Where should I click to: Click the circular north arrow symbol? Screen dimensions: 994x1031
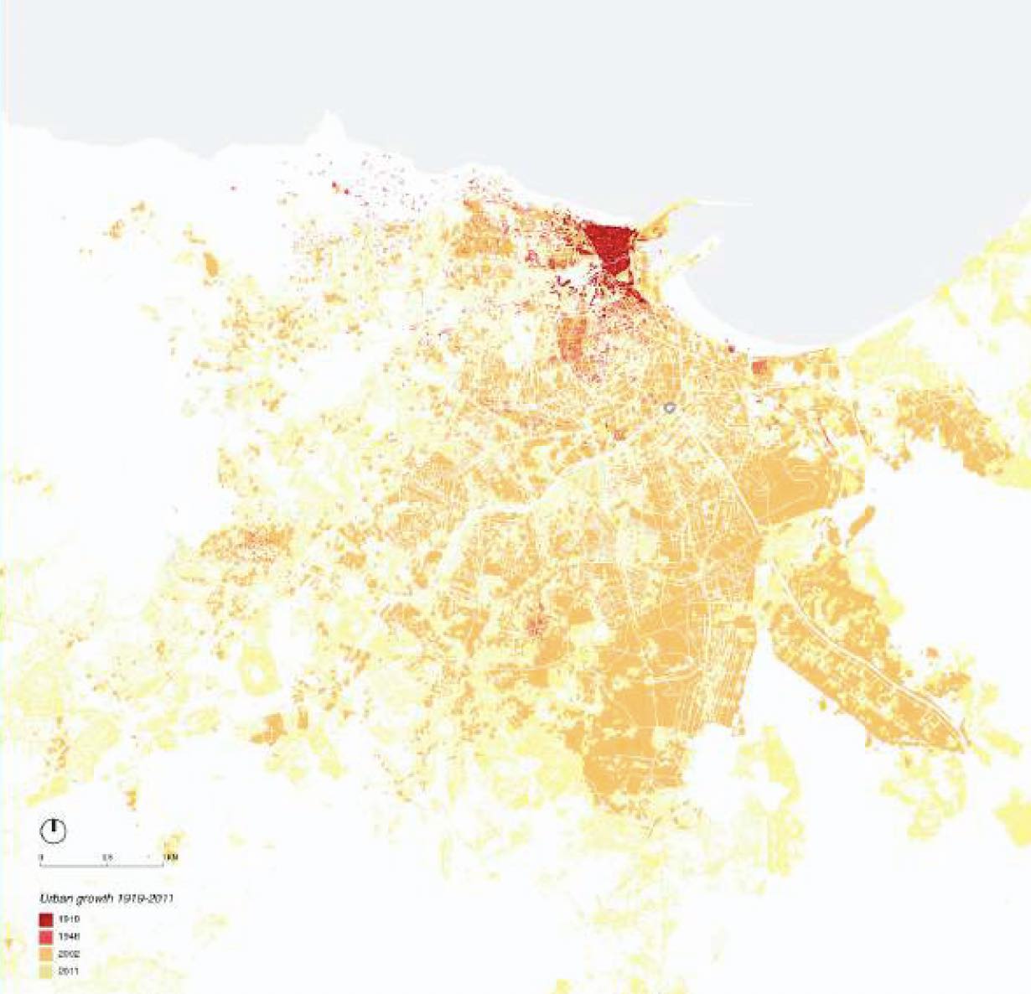tap(54, 831)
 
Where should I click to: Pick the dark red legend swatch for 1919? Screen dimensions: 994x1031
tap(46, 919)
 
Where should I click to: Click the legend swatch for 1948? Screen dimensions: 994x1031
tap(46, 936)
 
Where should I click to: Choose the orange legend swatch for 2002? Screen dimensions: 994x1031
tap(46, 954)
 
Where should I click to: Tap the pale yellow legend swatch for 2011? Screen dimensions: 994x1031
tap(46, 971)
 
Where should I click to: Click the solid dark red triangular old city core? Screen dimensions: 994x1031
tap(610, 243)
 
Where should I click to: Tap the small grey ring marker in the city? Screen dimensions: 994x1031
tap(669, 408)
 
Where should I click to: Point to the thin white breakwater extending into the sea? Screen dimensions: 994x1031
tap(721, 202)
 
